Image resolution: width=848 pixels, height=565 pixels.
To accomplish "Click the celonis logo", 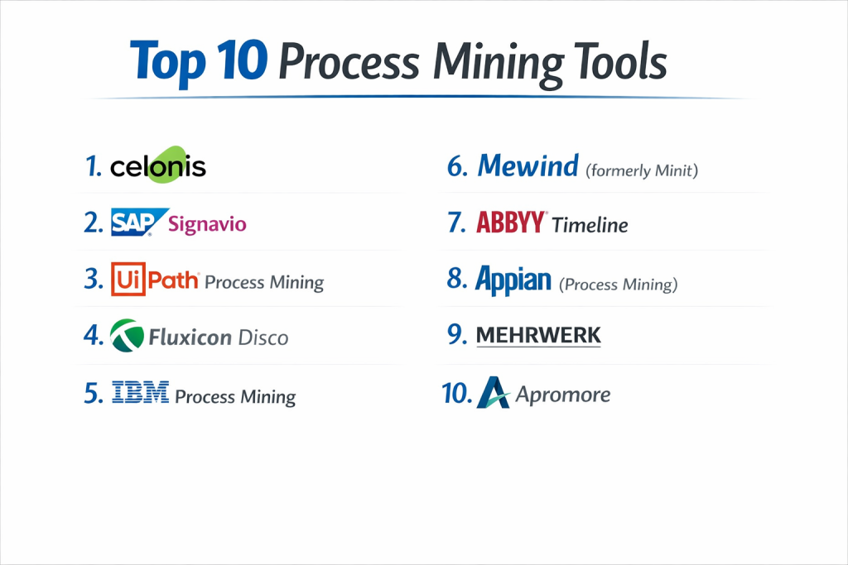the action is (x=158, y=165).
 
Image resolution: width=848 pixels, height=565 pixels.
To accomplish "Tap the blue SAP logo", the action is (x=139, y=222).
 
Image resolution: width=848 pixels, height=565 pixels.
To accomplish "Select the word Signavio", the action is (x=207, y=223).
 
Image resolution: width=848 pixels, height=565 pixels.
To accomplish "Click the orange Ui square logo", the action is (x=128, y=280).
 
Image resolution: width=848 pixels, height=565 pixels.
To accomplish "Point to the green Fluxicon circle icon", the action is (x=127, y=335).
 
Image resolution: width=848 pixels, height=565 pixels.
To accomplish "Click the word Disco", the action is (x=263, y=338).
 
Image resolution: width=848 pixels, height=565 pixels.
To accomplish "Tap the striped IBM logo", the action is (x=140, y=392).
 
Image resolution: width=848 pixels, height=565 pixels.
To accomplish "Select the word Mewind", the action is (x=528, y=165).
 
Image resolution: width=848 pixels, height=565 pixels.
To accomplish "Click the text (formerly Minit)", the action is (x=642, y=170).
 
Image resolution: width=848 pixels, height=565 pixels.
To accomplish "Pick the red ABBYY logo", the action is (x=510, y=222).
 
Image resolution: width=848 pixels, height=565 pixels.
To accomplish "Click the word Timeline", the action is (x=590, y=225).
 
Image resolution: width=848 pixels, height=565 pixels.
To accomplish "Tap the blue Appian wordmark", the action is (x=513, y=280).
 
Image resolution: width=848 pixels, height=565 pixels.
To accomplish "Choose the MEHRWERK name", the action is (x=538, y=335).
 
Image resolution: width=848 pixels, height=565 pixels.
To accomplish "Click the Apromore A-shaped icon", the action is (x=494, y=393).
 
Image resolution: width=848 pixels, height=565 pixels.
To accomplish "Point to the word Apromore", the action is (x=563, y=395).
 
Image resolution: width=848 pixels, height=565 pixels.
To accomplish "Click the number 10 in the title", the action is (x=243, y=60).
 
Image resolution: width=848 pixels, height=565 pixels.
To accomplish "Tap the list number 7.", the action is (x=456, y=223).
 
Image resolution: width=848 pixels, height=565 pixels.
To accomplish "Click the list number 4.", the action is (x=94, y=335).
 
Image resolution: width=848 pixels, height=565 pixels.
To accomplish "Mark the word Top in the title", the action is (x=168, y=63).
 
